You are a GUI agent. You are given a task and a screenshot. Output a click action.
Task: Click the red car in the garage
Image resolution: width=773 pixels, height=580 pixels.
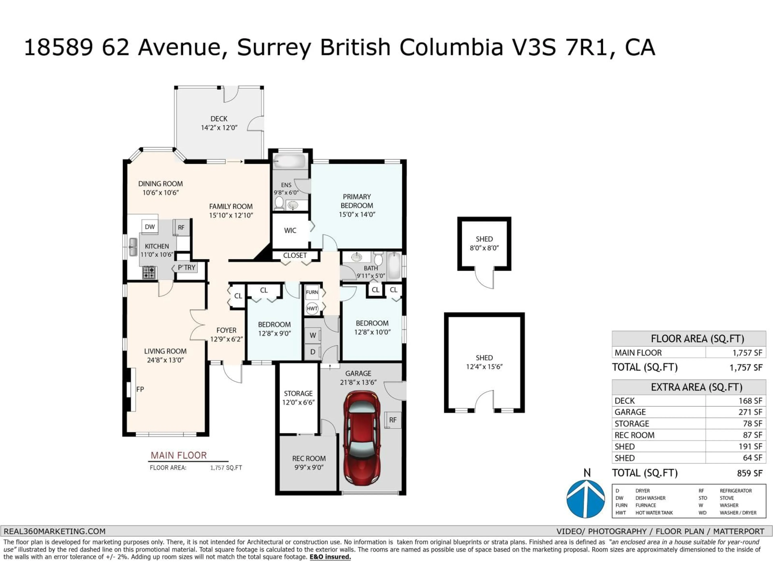click(362, 438)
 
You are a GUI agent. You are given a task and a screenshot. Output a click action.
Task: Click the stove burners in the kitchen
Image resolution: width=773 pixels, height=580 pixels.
click(149, 272)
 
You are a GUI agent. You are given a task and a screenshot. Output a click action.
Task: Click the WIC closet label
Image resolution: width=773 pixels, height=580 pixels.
click(290, 230)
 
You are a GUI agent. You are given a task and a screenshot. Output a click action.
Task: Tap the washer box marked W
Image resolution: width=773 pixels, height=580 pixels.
click(313, 335)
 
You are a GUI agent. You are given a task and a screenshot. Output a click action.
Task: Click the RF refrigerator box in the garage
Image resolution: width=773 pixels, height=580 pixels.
click(393, 420)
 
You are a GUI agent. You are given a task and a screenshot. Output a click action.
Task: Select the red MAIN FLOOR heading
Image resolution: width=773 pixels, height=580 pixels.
click(179, 455)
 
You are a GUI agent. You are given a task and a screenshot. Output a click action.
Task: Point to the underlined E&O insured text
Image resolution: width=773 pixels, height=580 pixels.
click(330, 557)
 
